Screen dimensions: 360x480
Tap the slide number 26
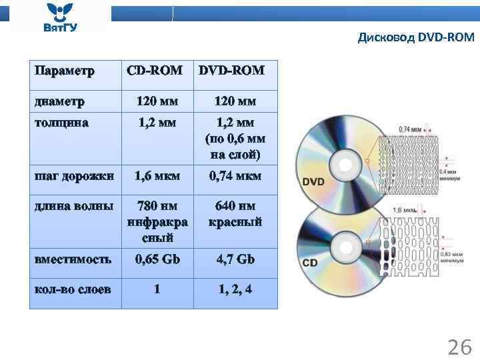coord(459,347)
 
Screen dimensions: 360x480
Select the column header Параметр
coord(65,70)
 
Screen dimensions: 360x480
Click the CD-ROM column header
coord(155,70)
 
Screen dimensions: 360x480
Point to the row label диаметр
coord(60,102)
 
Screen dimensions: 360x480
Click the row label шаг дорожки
coord(74,176)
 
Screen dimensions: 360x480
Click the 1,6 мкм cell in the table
coord(157,176)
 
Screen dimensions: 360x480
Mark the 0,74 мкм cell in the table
coord(235,176)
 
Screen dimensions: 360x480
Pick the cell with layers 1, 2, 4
coord(235,289)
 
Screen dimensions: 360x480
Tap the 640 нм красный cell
coord(235,213)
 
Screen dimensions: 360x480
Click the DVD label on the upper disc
coord(314,181)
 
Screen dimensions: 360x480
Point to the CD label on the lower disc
coord(310,263)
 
